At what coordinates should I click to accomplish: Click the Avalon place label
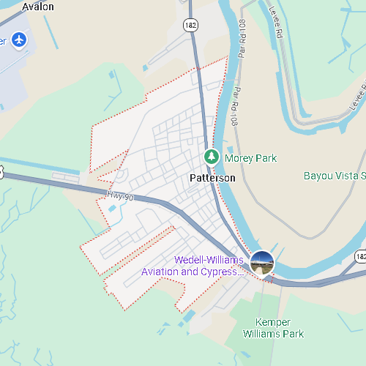[38, 7]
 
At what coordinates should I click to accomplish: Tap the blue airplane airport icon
[20, 39]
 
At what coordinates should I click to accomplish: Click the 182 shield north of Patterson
[190, 26]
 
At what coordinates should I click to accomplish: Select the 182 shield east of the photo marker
[360, 257]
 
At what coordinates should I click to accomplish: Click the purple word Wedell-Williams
[209, 260]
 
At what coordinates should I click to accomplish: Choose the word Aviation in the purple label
[161, 272]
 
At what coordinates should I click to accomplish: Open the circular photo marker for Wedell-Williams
[262, 262]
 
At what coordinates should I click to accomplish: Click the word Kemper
[273, 322]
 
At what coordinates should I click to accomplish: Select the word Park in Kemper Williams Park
[294, 334]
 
